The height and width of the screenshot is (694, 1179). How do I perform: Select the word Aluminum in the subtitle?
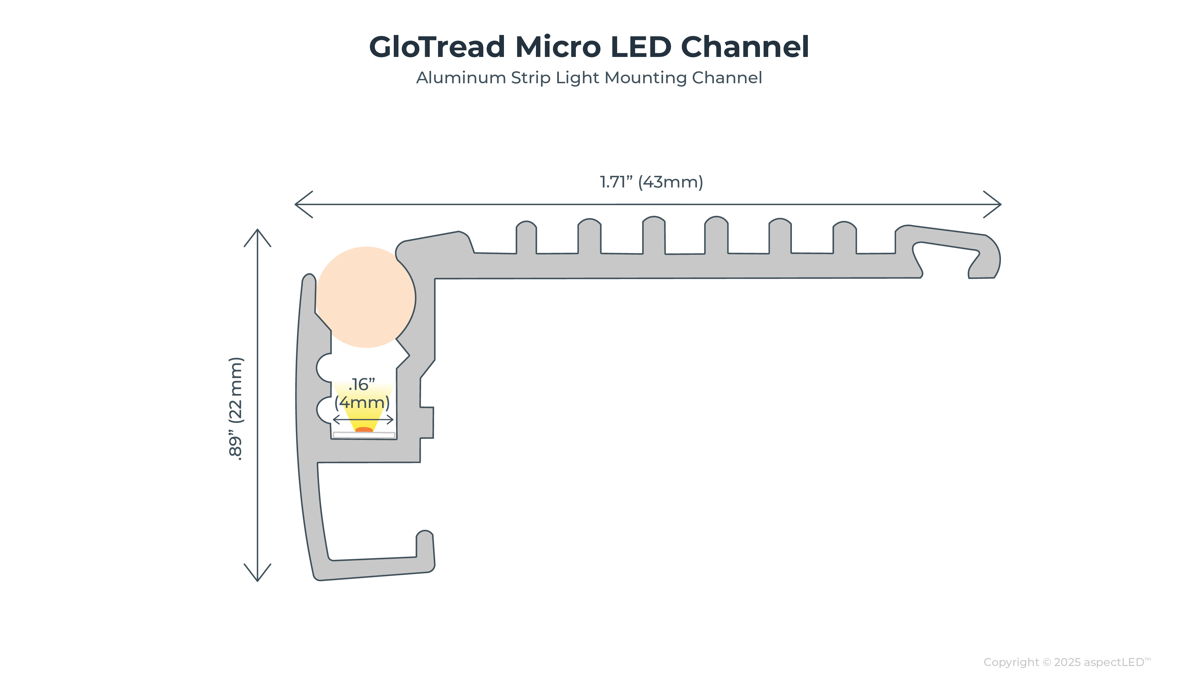coord(461,78)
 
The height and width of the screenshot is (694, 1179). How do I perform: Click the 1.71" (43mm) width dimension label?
coord(651,182)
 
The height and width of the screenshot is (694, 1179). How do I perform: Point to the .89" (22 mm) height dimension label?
coord(236,409)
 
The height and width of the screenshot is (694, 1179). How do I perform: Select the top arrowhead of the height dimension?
coord(257,234)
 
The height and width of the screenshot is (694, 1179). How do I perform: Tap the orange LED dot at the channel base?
coord(364,429)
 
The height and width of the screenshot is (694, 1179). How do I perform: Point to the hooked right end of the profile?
coord(987,257)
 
